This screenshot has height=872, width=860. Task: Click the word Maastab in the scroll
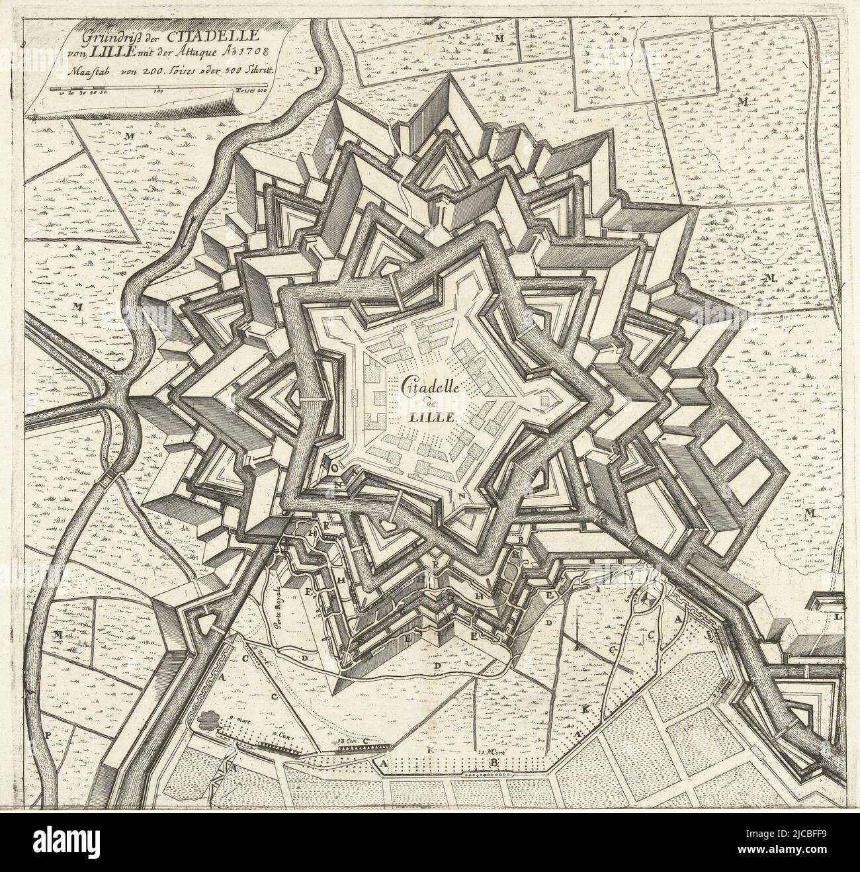[x=81, y=67]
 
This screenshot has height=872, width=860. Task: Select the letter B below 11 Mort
[x=491, y=764]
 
